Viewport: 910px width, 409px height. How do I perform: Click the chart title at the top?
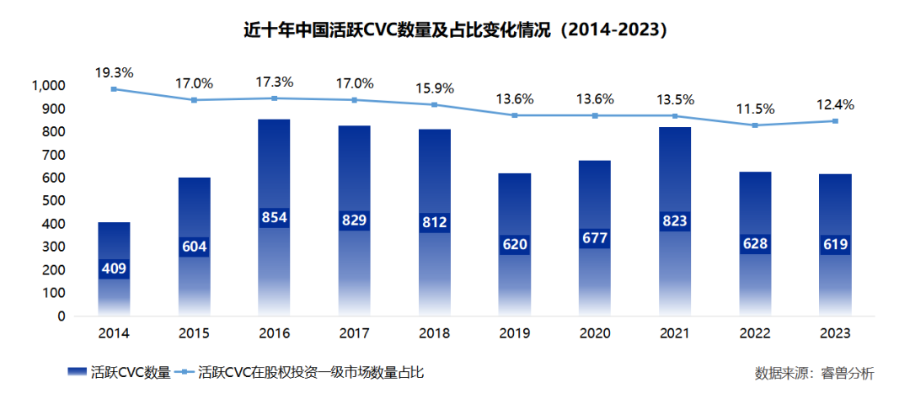point(455,29)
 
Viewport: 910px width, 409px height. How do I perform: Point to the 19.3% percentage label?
point(114,72)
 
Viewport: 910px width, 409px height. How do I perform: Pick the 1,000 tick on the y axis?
point(48,86)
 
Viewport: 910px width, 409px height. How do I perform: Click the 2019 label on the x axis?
point(514,333)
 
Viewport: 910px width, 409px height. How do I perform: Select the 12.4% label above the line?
point(836,105)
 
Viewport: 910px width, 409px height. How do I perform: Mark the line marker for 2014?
point(114,89)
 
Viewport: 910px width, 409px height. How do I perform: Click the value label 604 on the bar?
point(194,246)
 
